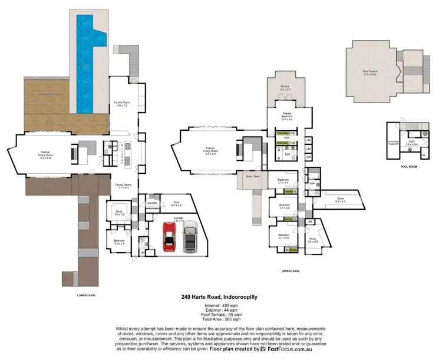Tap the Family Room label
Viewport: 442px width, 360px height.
(121, 104)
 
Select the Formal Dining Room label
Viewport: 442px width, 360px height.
(45, 157)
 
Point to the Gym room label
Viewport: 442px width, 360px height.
(176, 203)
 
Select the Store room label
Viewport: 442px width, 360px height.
(340, 200)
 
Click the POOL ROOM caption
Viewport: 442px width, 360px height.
(408, 167)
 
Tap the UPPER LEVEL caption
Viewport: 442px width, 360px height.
(291, 272)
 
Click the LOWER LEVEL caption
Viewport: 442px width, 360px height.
(87, 295)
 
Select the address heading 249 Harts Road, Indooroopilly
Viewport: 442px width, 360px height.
(220, 299)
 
